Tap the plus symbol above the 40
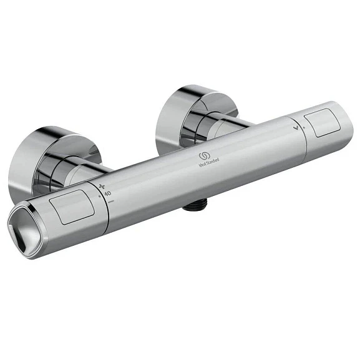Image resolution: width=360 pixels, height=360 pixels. pos(103,187)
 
